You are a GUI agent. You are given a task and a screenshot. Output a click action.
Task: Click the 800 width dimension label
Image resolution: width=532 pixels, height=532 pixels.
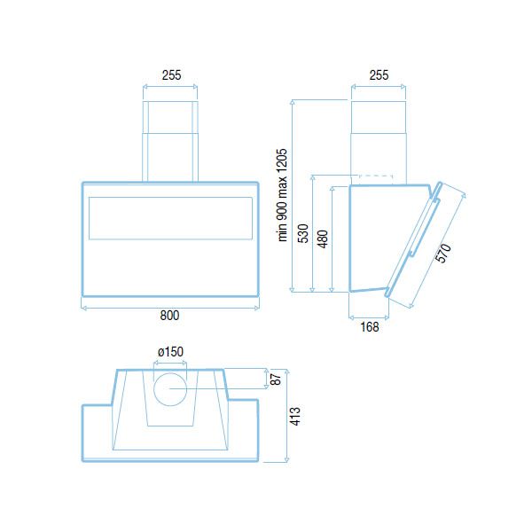[169, 316]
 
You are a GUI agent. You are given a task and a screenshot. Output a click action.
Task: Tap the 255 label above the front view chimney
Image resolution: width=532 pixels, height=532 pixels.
[171, 75]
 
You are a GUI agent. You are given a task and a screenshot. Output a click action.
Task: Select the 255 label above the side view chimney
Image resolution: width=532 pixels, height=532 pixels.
[379, 75]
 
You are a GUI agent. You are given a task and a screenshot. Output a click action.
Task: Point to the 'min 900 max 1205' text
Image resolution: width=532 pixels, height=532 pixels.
[282, 195]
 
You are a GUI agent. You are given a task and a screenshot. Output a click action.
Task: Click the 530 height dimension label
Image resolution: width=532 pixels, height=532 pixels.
[303, 233]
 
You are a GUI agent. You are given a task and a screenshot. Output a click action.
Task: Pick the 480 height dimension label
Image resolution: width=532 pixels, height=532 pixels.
[323, 239]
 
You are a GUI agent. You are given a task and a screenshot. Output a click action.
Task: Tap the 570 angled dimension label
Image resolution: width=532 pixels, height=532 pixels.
[443, 253]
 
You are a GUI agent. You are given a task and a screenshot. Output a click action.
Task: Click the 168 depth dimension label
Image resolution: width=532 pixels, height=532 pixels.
[370, 327]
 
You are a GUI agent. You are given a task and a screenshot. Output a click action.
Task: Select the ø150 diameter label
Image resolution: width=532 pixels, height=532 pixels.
[170, 352]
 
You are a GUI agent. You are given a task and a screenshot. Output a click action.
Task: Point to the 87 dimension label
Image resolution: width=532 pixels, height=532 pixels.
[277, 379]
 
